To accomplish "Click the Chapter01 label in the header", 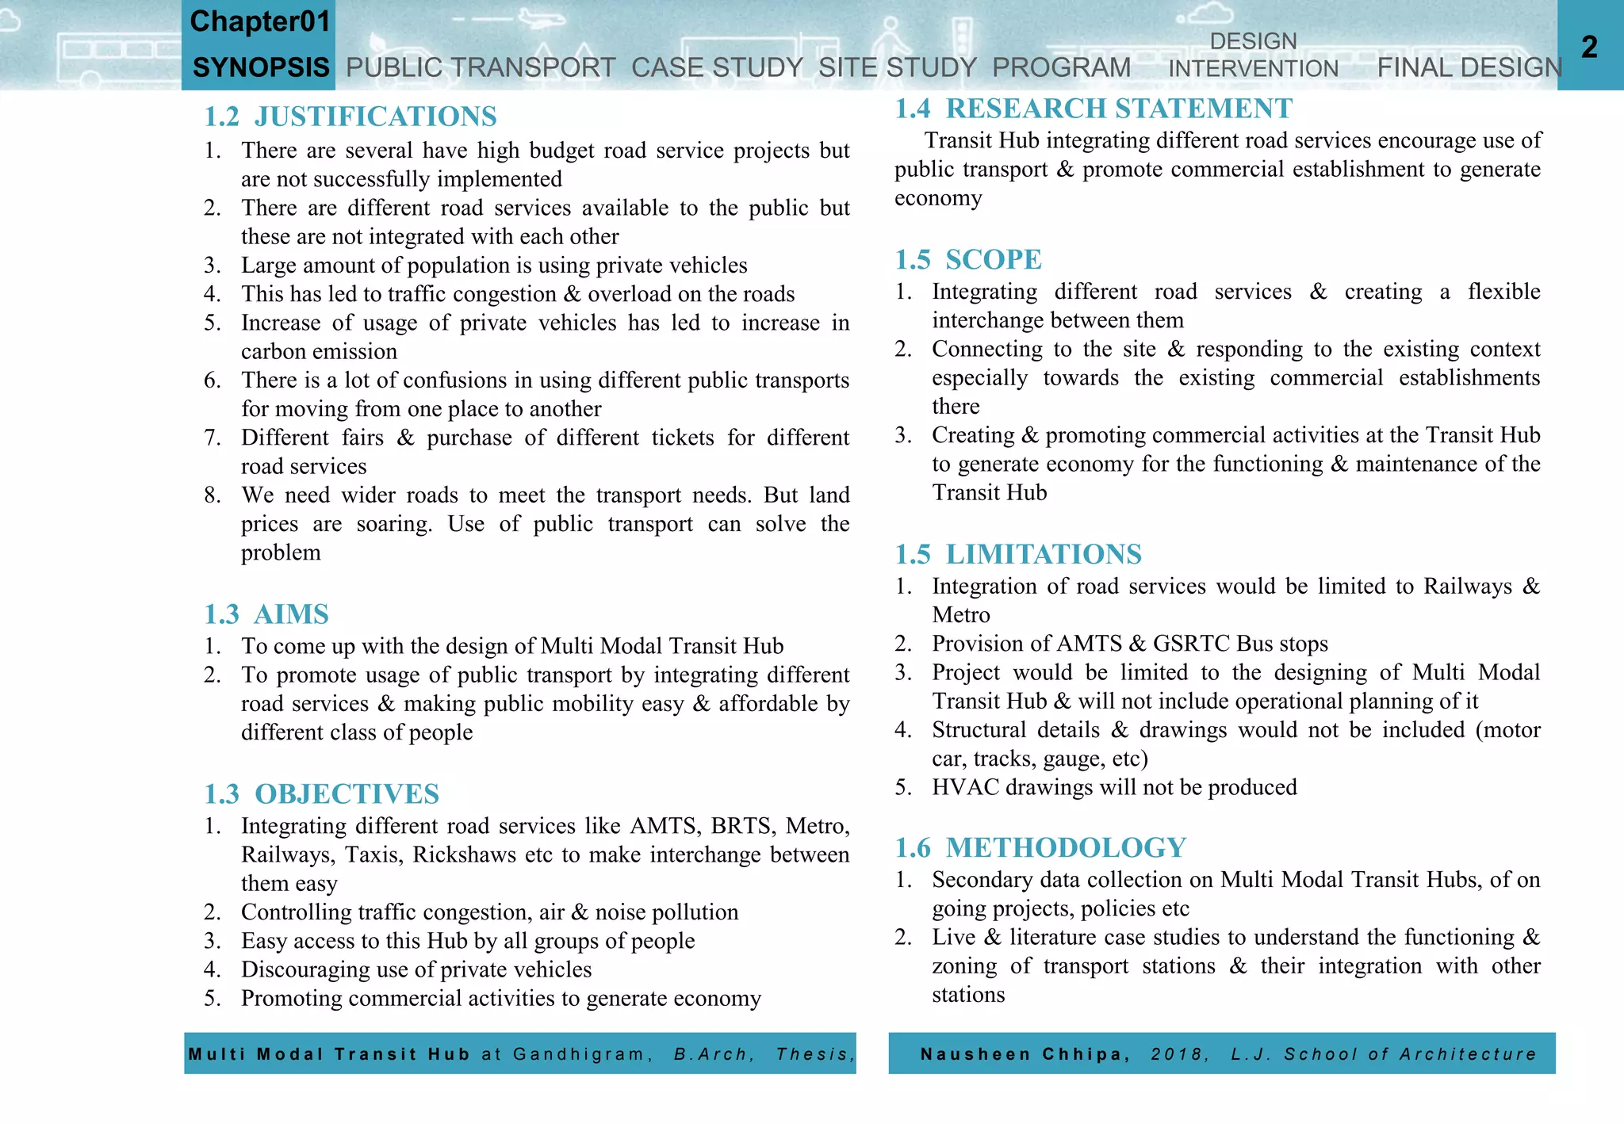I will (259, 21).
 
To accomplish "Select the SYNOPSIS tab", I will (261, 67).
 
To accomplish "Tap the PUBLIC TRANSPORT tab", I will (481, 67).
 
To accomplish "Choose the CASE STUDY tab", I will (717, 67).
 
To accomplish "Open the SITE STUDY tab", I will (897, 67).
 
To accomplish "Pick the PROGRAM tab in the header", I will (1061, 67).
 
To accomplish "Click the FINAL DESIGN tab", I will (1469, 67).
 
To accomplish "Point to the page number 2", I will (1589, 47).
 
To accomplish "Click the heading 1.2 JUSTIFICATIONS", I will (350, 117).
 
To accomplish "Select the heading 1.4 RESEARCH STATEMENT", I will (1094, 109).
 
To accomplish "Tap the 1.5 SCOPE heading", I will (968, 259).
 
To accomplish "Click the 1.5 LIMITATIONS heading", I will (1018, 554).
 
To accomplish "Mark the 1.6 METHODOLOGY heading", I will (1040, 847).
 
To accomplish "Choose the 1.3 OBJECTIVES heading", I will (321, 793).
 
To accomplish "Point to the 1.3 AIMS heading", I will (266, 614).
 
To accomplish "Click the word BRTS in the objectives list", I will (741, 826).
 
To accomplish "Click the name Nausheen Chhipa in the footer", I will (1021, 1054).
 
